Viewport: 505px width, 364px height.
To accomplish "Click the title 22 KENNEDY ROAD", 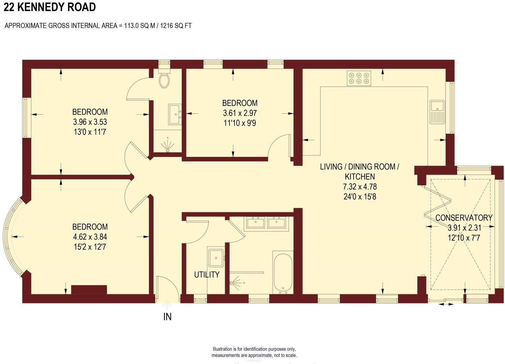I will click(50, 7).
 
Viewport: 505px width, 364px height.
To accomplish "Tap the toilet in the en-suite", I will click(164, 80).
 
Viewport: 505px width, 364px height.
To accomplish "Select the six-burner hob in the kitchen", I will click(359, 78).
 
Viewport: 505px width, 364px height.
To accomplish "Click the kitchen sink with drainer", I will click(437, 112).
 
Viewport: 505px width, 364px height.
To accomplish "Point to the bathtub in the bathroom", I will click(283, 272).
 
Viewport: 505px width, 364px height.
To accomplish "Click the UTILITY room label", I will click(207, 275).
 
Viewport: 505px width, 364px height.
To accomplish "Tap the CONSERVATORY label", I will click(464, 218).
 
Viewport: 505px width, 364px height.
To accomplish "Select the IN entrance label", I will click(167, 317).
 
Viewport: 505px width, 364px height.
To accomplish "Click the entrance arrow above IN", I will click(167, 305).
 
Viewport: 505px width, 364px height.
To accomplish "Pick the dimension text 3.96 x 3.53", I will click(90, 122).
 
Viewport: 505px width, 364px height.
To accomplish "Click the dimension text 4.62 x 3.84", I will click(90, 237).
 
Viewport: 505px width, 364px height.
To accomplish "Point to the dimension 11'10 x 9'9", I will click(240, 123).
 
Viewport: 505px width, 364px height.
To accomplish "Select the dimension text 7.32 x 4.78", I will click(360, 187).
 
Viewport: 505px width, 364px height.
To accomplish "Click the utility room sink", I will click(216, 258).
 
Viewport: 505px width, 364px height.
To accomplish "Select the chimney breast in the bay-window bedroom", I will click(89, 290).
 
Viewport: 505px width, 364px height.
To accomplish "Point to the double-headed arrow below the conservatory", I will click(446, 304).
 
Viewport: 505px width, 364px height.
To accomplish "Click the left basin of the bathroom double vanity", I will click(255, 223).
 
